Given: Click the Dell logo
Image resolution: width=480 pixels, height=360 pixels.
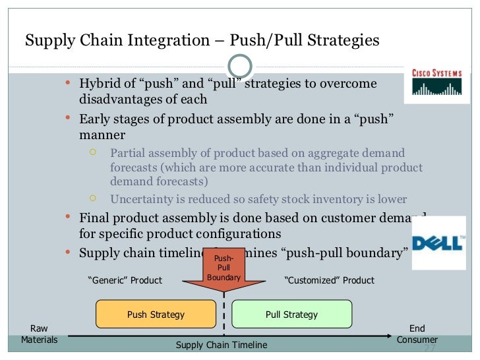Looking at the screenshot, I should (x=438, y=243).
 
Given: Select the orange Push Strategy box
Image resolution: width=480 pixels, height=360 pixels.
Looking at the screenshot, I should (x=156, y=315).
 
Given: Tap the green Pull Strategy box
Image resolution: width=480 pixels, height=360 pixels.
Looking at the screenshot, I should (x=291, y=315).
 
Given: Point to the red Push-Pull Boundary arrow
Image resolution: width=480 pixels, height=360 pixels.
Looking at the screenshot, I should (x=224, y=271).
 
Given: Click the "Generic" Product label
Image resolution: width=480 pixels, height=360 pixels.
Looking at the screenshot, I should (x=125, y=280).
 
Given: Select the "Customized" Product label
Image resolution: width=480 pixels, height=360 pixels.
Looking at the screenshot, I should (x=328, y=280).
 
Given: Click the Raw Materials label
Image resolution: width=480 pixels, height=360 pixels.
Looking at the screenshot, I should (x=39, y=334).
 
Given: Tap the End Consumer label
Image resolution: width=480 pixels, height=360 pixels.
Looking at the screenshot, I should (x=417, y=334).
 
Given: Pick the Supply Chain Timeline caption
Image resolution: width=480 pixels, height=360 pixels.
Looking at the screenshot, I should (x=222, y=345).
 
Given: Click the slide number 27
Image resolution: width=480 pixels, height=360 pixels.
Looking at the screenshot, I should (x=429, y=348).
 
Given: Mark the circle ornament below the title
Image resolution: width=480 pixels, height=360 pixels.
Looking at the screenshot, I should (x=240, y=65).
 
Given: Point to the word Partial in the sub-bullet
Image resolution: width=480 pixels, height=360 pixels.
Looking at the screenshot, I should (x=127, y=153).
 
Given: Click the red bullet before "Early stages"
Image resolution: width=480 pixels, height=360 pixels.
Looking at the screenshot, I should (x=69, y=119).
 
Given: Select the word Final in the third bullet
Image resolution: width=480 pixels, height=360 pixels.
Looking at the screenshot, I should (x=94, y=219).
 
